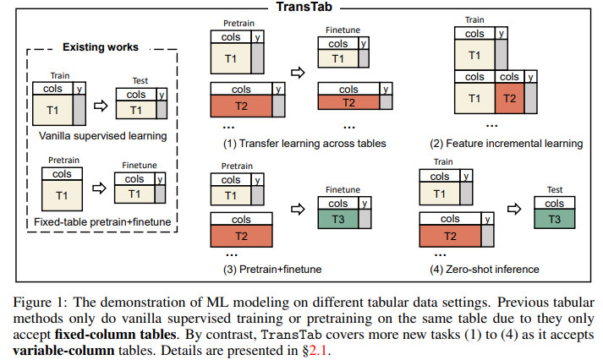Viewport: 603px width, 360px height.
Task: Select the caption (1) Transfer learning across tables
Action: click(304, 144)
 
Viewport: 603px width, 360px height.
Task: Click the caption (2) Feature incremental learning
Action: click(508, 144)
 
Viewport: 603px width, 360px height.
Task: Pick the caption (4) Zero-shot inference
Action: click(480, 270)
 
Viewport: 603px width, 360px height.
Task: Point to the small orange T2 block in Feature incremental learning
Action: click(509, 98)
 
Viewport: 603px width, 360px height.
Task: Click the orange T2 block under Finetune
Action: click(348, 102)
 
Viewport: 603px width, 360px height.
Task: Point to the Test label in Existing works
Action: click(140, 81)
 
